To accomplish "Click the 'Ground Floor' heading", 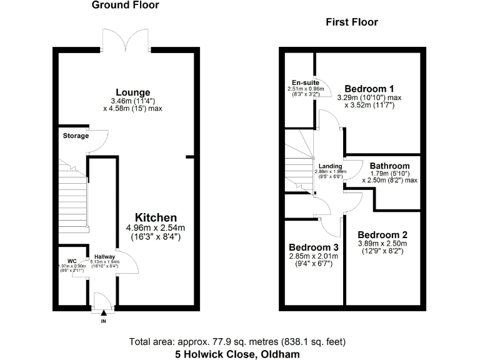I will tap(125, 6).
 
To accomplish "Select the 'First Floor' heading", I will tap(352, 22).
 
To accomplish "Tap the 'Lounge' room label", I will tap(132, 92).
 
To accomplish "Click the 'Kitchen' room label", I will tap(156, 217).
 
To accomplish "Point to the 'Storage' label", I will tap(76, 136).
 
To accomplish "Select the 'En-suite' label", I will tap(306, 82).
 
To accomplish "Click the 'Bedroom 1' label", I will tap(369, 89).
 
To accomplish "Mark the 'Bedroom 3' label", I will tap(312, 247).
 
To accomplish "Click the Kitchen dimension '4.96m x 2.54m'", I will tap(156, 227).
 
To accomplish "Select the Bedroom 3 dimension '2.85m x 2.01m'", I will tap(313, 256).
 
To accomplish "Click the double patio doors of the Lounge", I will tap(126, 41).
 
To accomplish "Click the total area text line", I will tap(237, 342).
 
